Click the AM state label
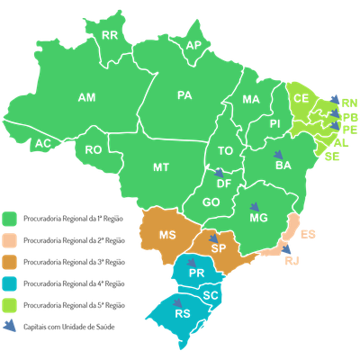pos(87,96)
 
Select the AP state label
pos(193,45)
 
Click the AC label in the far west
pos(41,144)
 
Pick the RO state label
pos(93,149)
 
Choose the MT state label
pos(161,167)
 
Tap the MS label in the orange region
pos(167,235)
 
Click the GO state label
pos(212,202)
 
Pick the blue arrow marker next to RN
pos(334,100)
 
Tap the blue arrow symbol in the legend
pos(12,327)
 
